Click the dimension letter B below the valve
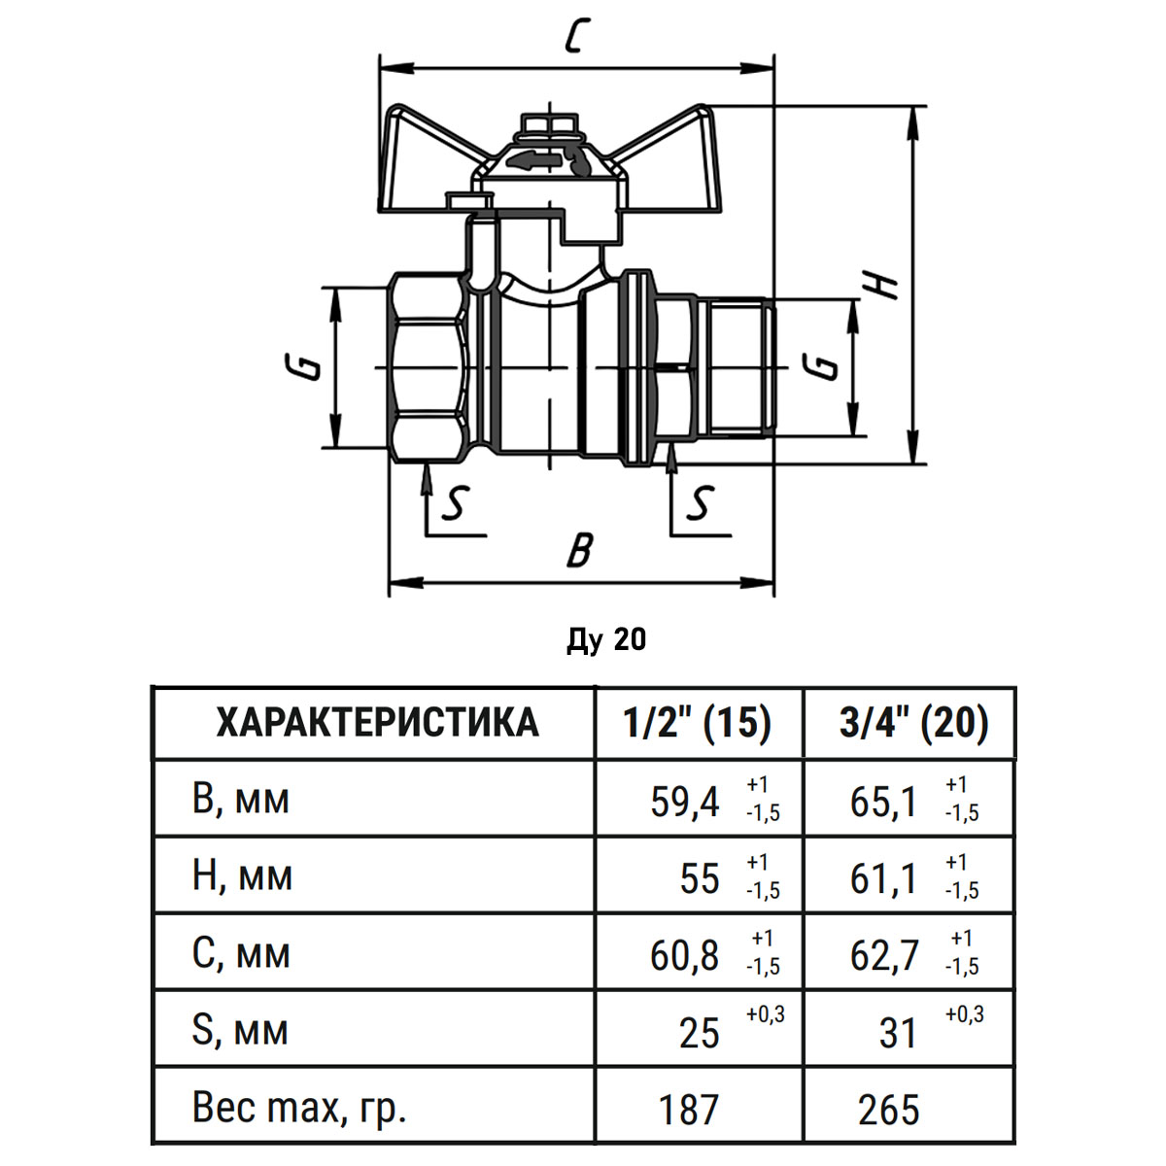(x=580, y=550)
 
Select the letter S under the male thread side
(x=700, y=502)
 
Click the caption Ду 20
(x=606, y=640)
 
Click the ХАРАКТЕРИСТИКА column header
(x=376, y=723)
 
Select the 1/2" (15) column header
(x=698, y=723)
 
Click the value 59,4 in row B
(x=685, y=803)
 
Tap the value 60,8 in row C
(x=685, y=957)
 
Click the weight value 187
(x=689, y=1110)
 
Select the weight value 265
(x=889, y=1110)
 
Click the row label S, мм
(x=240, y=1031)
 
